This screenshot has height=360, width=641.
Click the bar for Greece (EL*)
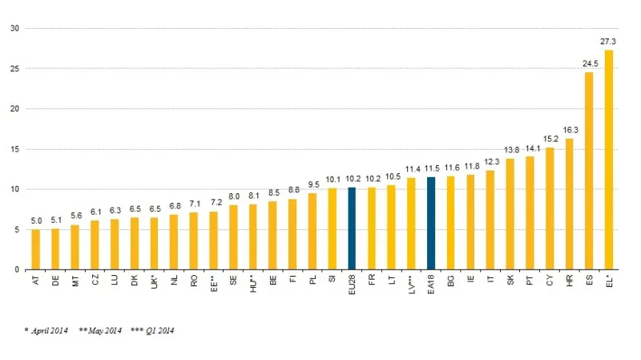609,160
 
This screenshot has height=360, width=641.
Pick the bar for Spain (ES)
589,172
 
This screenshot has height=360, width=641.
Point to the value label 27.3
608,41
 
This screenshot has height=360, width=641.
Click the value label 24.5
589,63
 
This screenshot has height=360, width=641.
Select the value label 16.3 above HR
569,129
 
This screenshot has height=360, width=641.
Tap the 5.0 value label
35,220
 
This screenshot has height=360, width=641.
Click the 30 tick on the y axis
14,29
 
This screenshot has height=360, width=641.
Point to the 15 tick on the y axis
14,149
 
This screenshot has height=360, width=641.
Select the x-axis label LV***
411,285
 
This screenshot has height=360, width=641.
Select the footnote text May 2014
103,330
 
